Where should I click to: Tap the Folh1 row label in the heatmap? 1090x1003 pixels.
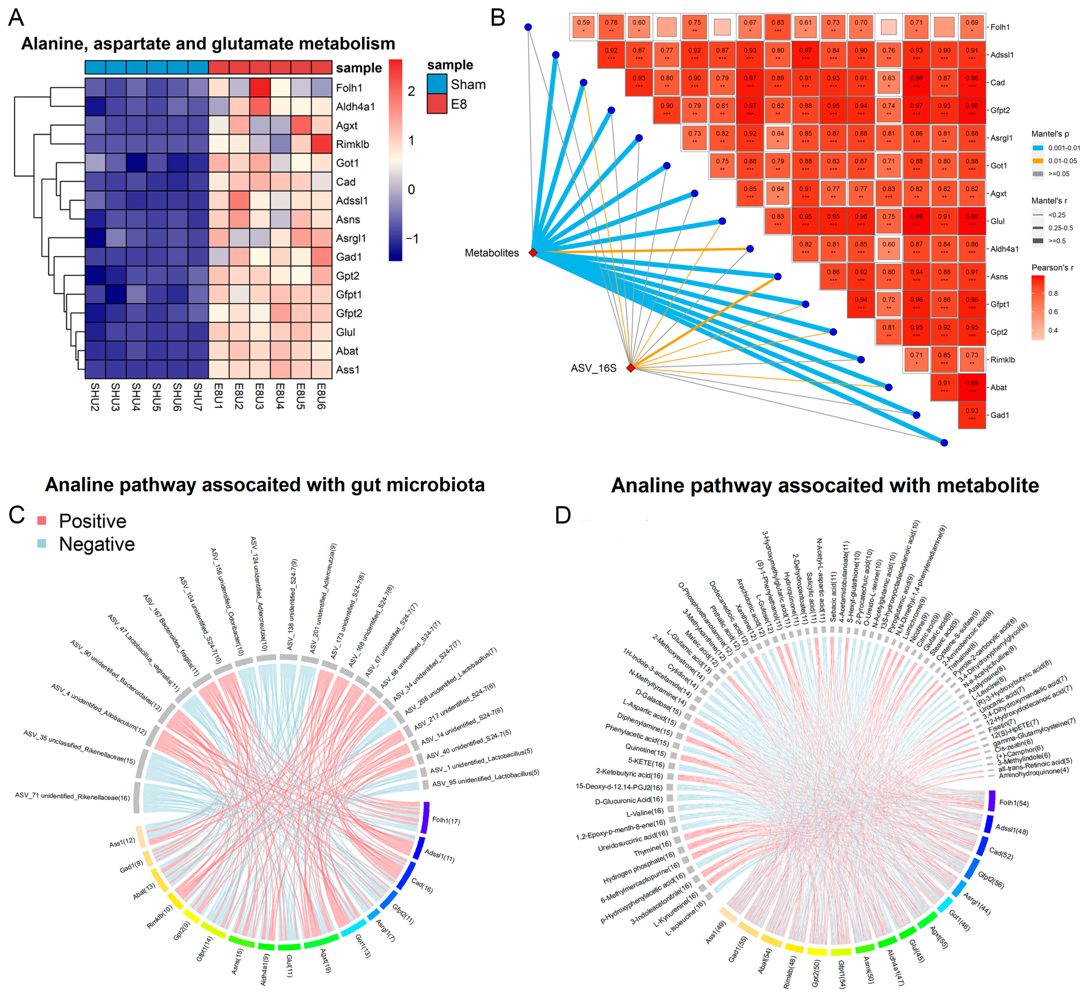(349, 88)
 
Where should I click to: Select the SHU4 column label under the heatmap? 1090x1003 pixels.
(136, 397)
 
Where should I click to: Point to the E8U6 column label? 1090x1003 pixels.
(321, 397)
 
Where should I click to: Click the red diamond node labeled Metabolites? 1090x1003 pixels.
(533, 253)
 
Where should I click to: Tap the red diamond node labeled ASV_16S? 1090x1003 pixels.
(630, 368)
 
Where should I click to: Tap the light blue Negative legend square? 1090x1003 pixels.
(42, 544)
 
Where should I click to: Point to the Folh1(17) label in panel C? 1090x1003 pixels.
(446, 821)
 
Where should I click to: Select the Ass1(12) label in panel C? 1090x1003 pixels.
(122, 842)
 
